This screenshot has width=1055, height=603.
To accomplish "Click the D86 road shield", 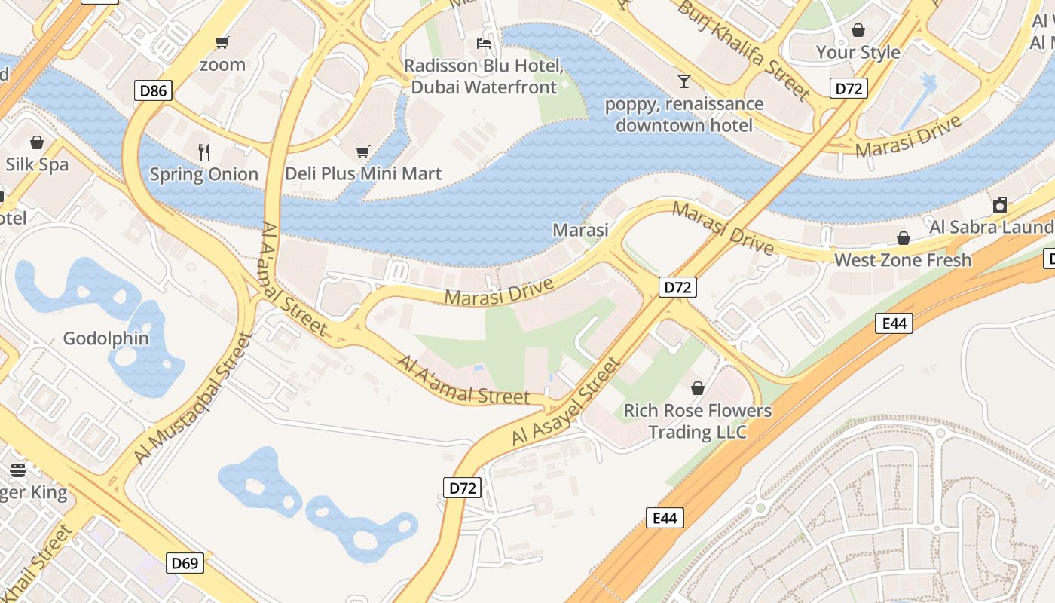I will coord(154,91).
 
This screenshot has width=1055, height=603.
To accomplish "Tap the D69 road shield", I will coord(185,563).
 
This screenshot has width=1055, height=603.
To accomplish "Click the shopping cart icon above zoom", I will coord(222,42).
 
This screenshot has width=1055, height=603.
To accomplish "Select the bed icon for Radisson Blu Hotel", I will coord(484,44).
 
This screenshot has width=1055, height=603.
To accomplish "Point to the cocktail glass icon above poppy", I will coord(683,81).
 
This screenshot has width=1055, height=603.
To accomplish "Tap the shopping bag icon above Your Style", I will coord(858,30).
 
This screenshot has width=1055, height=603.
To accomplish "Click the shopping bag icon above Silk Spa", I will coord(36,142).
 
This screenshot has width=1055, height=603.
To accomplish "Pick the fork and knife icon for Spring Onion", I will coord(203,152).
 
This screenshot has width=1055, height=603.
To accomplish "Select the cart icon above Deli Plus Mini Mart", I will coord(362,152).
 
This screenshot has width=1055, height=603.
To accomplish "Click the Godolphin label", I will coord(106,338).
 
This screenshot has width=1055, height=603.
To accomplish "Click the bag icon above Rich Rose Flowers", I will coord(698,388).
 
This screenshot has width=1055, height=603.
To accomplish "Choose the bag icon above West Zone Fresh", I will coord(903,239).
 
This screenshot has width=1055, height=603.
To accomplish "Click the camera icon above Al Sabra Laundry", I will coord(1000,205).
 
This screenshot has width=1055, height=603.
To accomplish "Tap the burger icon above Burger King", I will coord(18,470).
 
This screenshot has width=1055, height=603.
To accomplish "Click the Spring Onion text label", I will coord(203,175).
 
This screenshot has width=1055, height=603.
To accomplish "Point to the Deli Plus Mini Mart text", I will coord(362,174).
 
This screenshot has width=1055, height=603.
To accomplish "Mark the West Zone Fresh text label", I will coord(903,261).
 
